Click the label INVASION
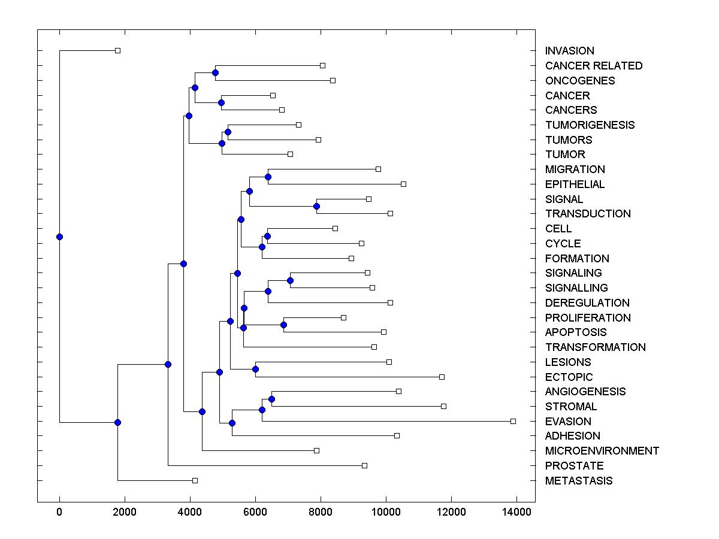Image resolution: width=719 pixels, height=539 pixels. point(569,51)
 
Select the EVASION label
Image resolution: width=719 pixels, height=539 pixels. point(568,421)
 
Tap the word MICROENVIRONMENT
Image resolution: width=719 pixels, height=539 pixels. point(602,450)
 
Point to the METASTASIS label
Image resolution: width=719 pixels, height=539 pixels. point(579,480)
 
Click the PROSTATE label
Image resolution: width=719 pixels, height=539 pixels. point(574,465)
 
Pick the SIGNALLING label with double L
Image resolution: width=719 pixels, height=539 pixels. point(576,287)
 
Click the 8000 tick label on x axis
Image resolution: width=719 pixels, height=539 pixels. point(321,511)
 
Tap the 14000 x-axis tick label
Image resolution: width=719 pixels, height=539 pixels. point(516,511)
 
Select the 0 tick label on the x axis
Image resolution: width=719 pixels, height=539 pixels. point(59,511)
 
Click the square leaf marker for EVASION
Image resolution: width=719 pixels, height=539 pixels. point(513,421)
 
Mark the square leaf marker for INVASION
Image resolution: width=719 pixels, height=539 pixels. point(117,50)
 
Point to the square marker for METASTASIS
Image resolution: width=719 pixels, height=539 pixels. point(195,480)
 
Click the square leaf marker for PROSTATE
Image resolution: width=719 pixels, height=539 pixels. point(364,465)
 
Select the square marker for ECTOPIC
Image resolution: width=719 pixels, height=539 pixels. point(442,377)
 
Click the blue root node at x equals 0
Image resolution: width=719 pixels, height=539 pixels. point(59,237)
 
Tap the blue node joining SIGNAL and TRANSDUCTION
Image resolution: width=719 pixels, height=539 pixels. point(316,206)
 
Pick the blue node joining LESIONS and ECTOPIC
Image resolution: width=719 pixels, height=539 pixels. point(255,369)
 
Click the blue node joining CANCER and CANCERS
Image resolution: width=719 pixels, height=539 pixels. point(221,102)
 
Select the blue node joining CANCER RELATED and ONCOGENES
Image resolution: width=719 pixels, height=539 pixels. point(215,72)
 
